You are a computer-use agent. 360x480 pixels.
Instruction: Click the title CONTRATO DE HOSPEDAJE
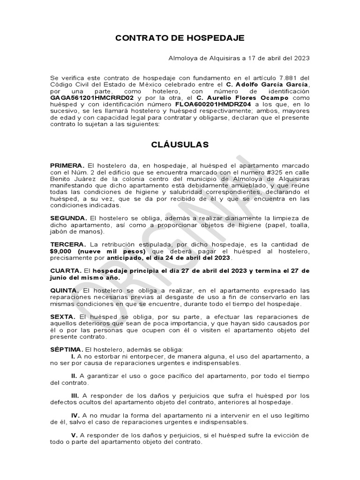pyautogui.click(x=180, y=38)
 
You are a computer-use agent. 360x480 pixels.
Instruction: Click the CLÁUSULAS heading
pyautogui.click(x=180, y=145)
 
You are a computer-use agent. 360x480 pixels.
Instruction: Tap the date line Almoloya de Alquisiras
pyautogui.click(x=239, y=58)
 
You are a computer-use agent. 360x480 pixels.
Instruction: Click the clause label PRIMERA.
pyautogui.click(x=67, y=165)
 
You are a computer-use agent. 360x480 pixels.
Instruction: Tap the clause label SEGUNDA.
pyautogui.click(x=69, y=218)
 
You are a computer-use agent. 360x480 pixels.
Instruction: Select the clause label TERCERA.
pyautogui.click(x=68, y=245)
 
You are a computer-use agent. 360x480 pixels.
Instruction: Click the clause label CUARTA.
pyautogui.click(x=66, y=271)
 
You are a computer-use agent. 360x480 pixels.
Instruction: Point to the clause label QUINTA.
pyautogui.click(x=66, y=291)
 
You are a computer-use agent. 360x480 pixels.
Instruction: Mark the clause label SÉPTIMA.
pyautogui.click(x=67, y=350)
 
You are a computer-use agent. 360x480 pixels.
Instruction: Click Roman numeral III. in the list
pyautogui.click(x=74, y=396)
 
